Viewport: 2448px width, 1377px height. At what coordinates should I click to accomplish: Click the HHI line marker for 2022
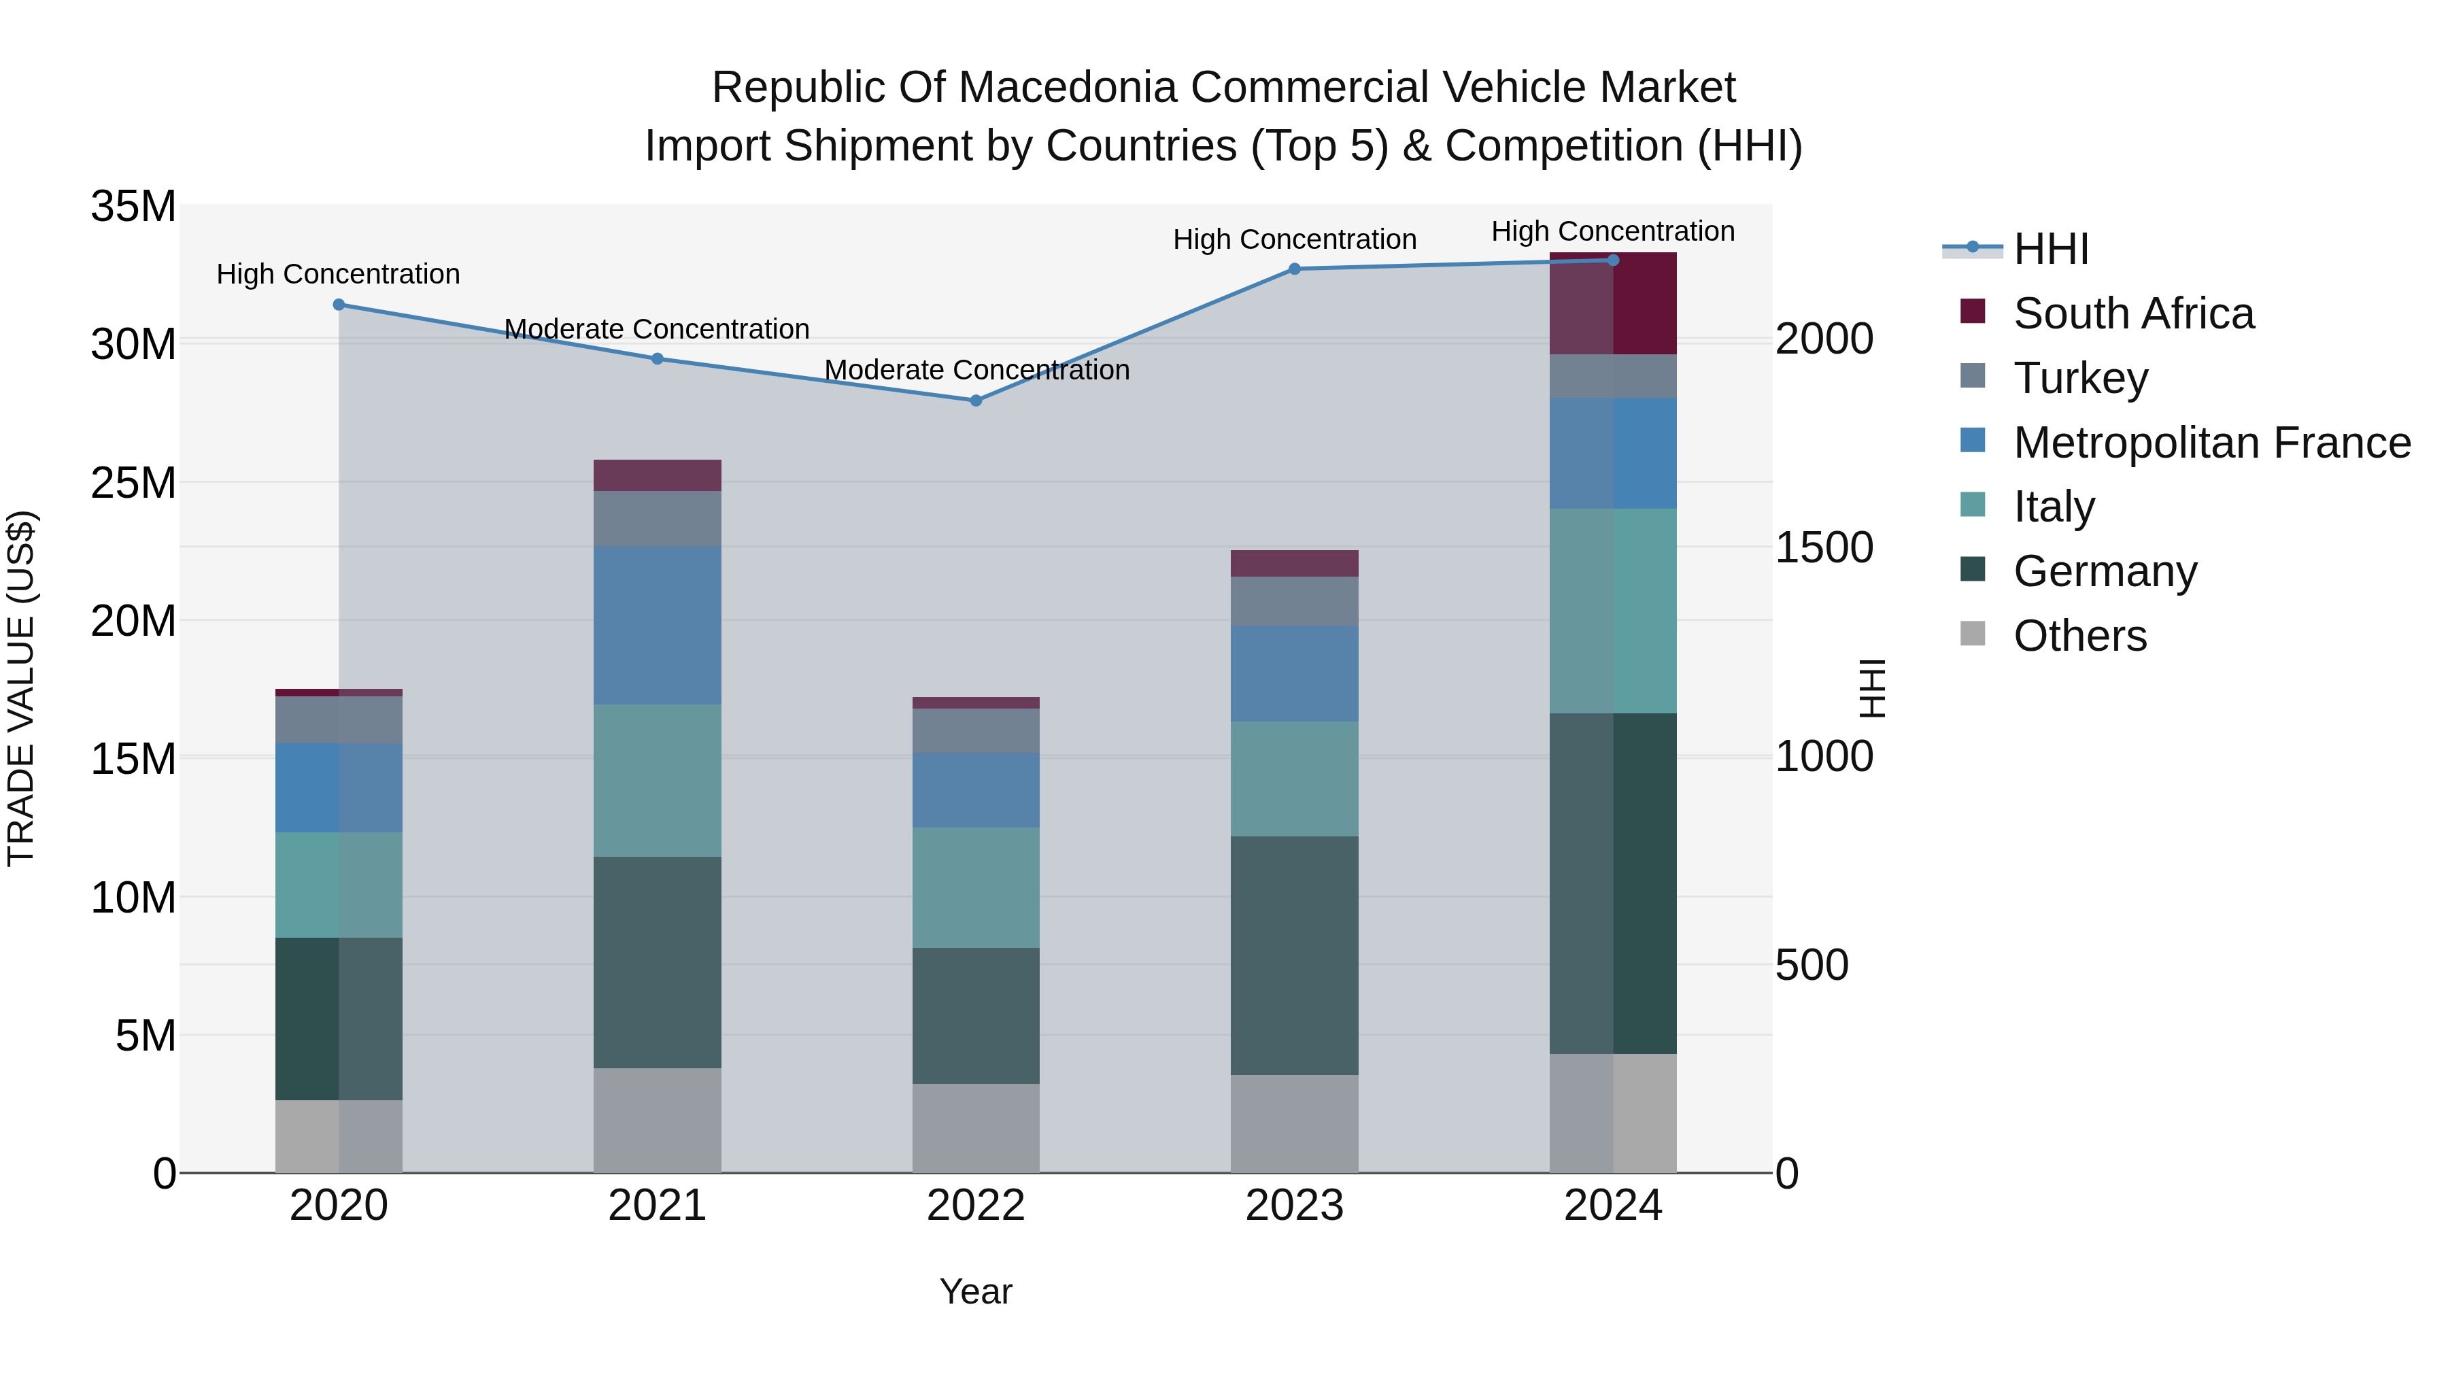pos(975,401)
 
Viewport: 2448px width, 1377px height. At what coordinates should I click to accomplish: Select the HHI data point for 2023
pos(1293,269)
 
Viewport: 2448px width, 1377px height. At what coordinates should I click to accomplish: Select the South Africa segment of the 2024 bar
pos(1613,304)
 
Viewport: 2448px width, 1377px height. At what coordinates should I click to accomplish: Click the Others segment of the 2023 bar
pos(1293,1123)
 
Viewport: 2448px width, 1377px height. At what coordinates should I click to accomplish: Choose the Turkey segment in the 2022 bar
pos(975,731)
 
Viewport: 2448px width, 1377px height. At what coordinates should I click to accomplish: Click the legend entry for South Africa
pos(2132,313)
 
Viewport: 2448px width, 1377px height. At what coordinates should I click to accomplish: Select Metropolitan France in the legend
pos(2211,443)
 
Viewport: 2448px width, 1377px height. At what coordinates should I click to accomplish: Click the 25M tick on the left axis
pos(133,483)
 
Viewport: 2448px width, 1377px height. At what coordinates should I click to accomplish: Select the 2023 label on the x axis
pos(1293,1206)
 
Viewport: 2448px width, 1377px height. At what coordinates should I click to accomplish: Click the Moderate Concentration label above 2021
pos(657,330)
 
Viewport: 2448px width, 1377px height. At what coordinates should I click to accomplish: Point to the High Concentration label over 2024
pos(1613,231)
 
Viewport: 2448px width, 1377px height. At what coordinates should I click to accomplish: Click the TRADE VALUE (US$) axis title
pos(21,688)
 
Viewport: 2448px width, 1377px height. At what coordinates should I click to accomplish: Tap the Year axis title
pos(975,1291)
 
